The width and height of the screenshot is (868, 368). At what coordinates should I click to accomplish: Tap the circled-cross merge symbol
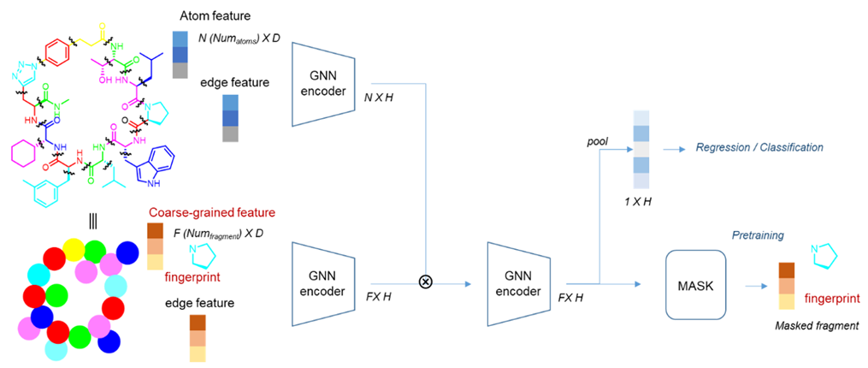tap(425, 283)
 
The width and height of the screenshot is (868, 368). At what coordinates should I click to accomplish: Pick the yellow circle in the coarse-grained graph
tap(73, 250)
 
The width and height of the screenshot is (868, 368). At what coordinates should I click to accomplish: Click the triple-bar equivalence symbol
tap(92, 220)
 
